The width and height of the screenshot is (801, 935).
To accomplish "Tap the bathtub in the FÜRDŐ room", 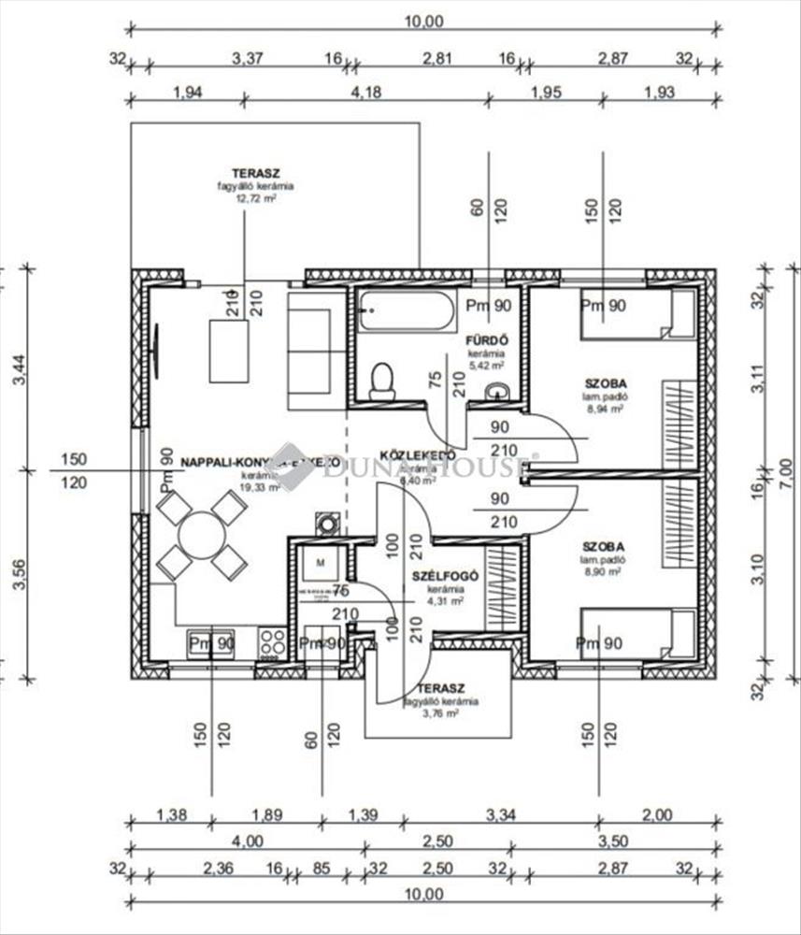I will pos(406,309).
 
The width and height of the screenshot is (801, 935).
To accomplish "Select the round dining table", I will pos(202,535).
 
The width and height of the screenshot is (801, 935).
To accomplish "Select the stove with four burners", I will pos(273,641).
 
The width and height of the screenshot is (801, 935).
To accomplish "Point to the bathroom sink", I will pos(499,392).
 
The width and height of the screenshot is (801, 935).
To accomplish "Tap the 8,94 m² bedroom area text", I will pos(604,409).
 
